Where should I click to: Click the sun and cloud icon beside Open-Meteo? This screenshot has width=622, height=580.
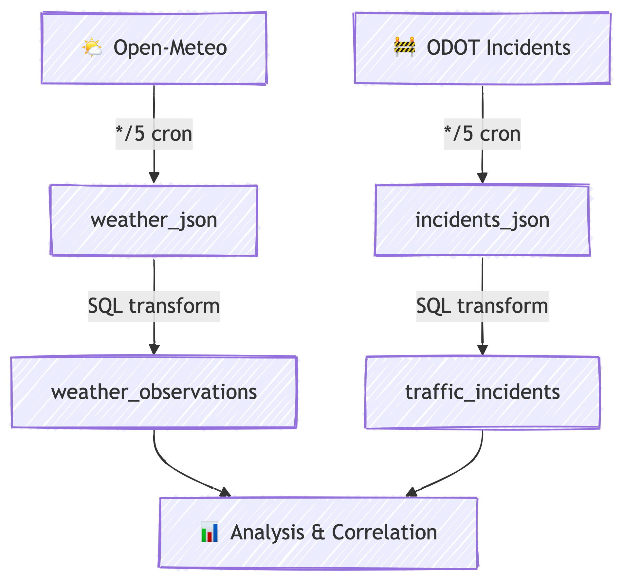[x=92, y=47]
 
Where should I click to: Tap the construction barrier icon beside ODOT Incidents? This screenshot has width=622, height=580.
[x=405, y=47]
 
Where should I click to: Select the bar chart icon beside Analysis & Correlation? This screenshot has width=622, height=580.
[x=209, y=532]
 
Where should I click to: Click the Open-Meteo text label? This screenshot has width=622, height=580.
[x=170, y=47]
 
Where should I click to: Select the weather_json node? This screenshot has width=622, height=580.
[x=154, y=220]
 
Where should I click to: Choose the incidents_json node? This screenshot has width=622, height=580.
[x=482, y=220]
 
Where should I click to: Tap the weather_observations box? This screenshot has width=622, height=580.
[x=154, y=392]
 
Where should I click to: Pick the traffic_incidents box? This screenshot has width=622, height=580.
[x=482, y=392]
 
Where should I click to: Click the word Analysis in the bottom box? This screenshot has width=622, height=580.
[x=267, y=533]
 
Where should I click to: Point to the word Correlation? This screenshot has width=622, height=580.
[x=384, y=533]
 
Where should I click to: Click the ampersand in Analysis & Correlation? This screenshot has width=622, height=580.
[x=318, y=533]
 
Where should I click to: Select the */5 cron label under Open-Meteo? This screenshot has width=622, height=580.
[x=154, y=134]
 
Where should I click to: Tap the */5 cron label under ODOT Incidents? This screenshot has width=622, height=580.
[x=482, y=134]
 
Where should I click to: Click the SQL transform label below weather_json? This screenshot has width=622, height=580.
[x=154, y=306]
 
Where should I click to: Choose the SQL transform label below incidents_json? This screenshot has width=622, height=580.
[x=482, y=306]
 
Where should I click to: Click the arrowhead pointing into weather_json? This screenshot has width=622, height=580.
[x=154, y=178]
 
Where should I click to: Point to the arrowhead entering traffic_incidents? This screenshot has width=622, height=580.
[x=482, y=350]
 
